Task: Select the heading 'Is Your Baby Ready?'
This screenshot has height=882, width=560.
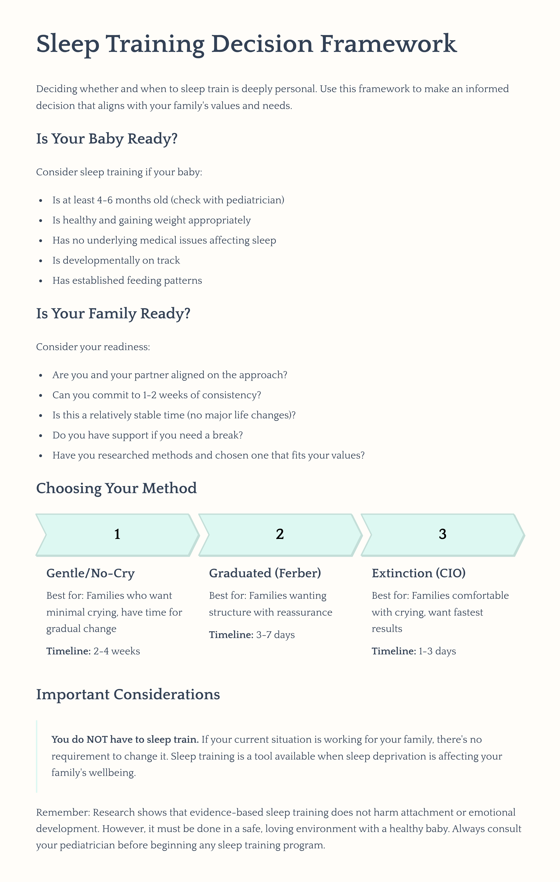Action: click(107, 139)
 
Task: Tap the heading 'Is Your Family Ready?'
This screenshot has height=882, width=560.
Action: click(113, 314)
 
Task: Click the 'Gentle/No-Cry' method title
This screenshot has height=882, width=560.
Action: click(90, 573)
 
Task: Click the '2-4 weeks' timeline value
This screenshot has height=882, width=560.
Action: click(117, 651)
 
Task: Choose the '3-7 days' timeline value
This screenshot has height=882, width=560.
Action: click(275, 635)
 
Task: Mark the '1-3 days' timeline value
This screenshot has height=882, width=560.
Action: click(437, 651)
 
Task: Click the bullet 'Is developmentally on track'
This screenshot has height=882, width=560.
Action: click(116, 260)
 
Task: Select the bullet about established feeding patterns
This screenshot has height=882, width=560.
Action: click(127, 281)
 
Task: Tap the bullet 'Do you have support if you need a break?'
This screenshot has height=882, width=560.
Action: click(147, 435)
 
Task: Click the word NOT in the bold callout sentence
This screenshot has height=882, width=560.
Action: click(97, 739)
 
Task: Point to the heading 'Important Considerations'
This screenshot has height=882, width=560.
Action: click(128, 695)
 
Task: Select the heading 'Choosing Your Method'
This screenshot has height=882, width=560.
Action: click(116, 488)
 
